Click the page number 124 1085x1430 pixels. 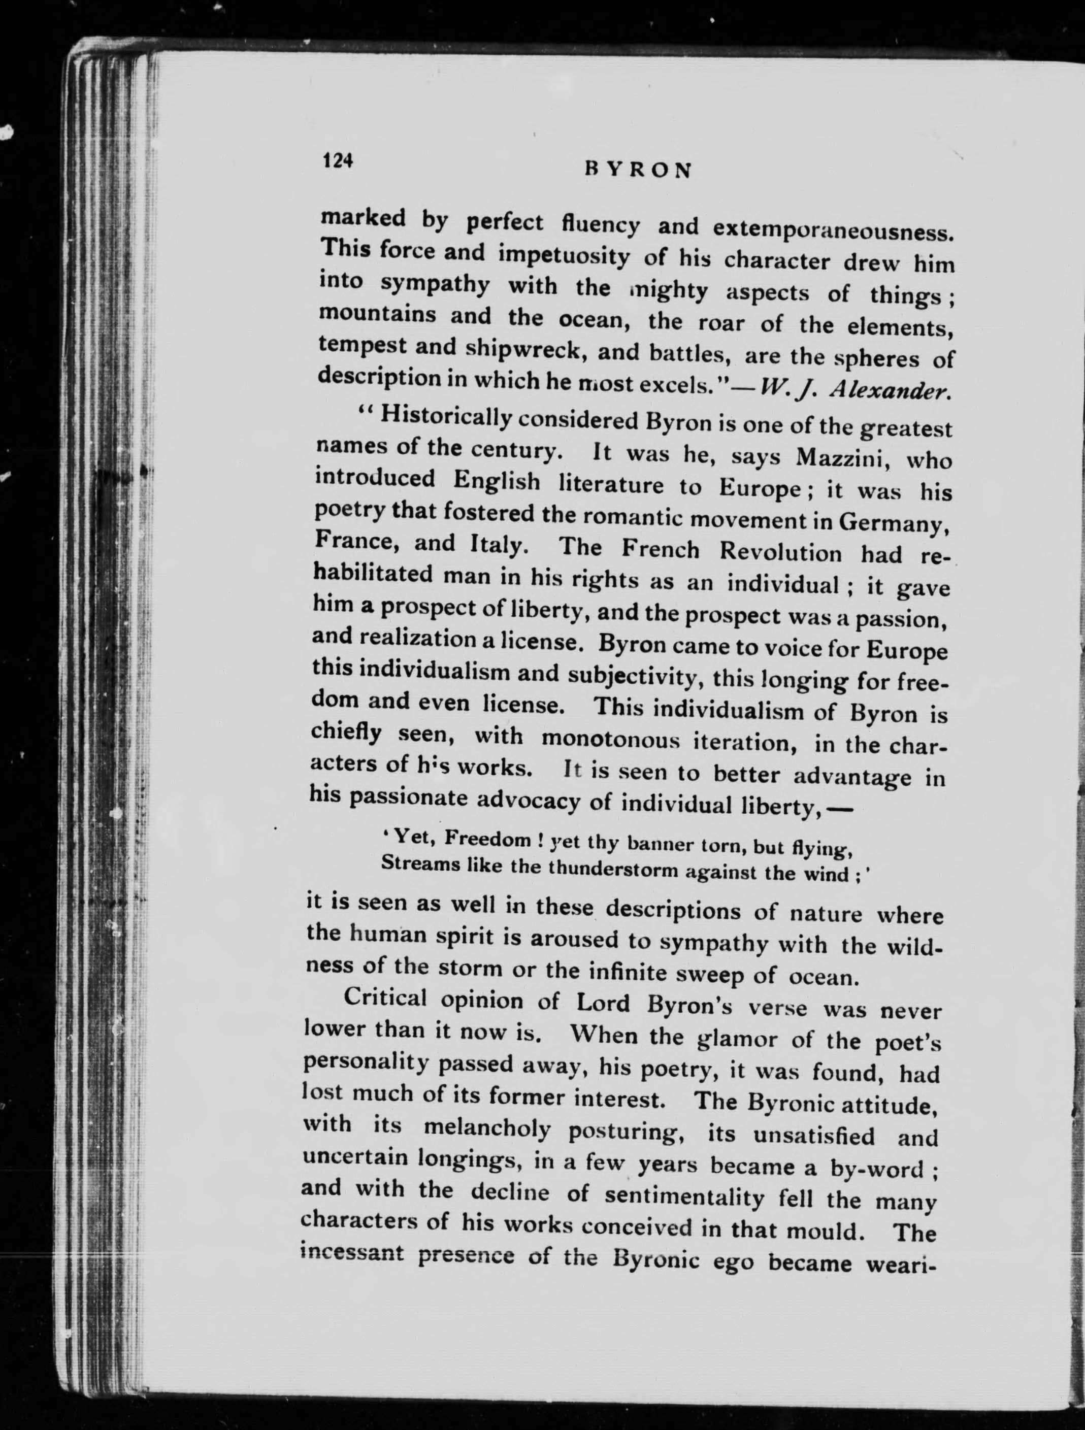[x=338, y=160]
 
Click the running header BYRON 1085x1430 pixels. [x=638, y=170]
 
